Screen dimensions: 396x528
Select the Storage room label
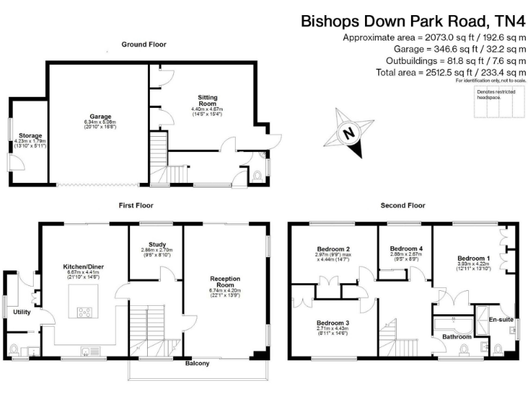click(29, 136)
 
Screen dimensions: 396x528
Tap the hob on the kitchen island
click(86, 311)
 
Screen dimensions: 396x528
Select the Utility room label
click(23, 311)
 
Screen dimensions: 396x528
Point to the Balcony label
click(198, 364)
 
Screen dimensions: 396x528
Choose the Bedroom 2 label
click(334, 249)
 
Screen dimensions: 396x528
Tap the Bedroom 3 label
click(333, 322)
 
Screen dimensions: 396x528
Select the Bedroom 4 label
click(406, 248)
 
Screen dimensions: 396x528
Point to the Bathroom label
click(456, 337)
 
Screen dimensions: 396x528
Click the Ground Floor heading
click(144, 45)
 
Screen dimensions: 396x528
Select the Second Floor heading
click(403, 205)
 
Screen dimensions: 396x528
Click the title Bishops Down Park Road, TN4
click(413, 21)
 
